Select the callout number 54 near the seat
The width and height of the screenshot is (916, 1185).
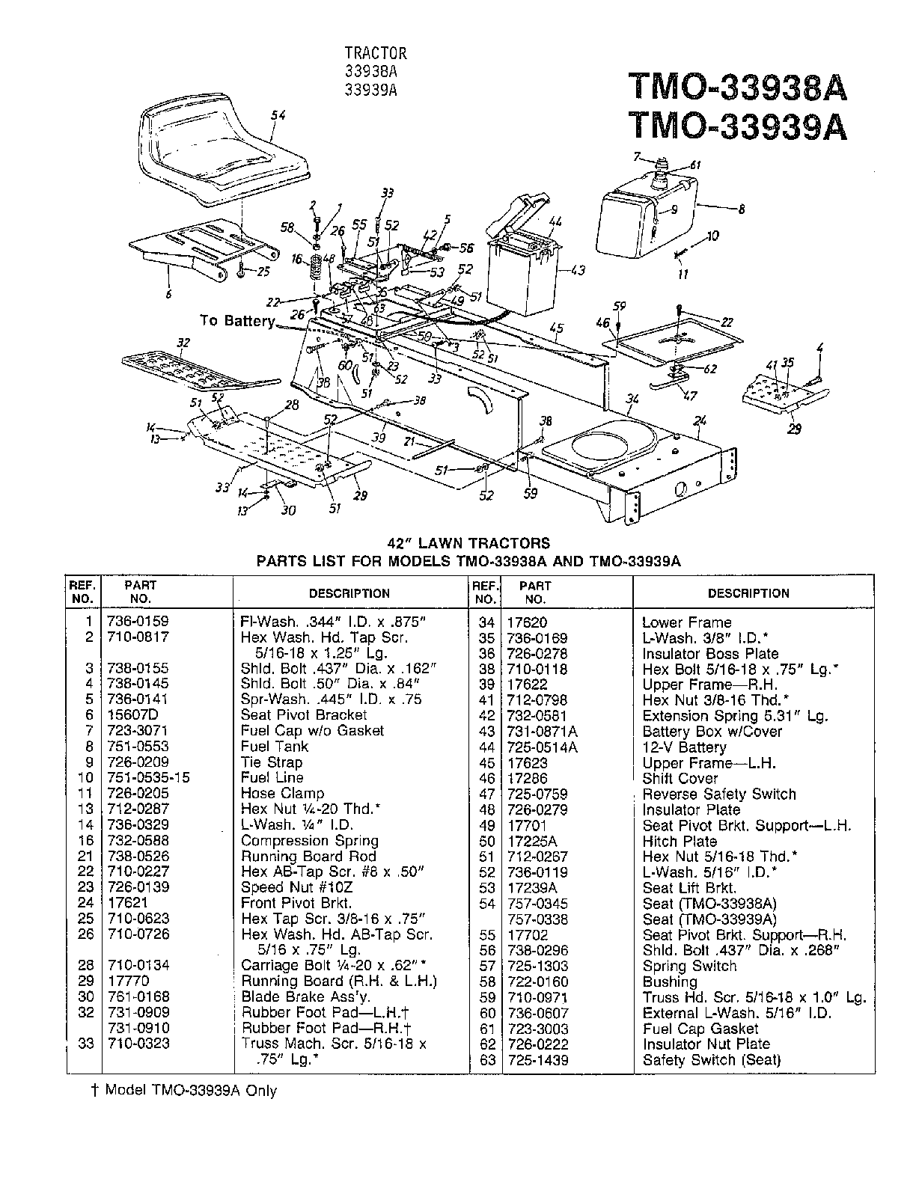(278, 115)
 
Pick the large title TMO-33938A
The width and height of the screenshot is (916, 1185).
(738, 87)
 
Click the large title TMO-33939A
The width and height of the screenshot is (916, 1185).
(738, 126)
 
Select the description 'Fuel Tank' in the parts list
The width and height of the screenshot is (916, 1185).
(274, 746)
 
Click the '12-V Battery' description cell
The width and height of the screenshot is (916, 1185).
(684, 747)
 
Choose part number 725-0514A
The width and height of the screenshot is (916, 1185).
(549, 747)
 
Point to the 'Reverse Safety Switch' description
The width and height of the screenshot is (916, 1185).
(718, 794)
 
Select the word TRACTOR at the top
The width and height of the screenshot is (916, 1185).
(376, 53)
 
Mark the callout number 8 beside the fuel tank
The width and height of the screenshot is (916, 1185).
(741, 210)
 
